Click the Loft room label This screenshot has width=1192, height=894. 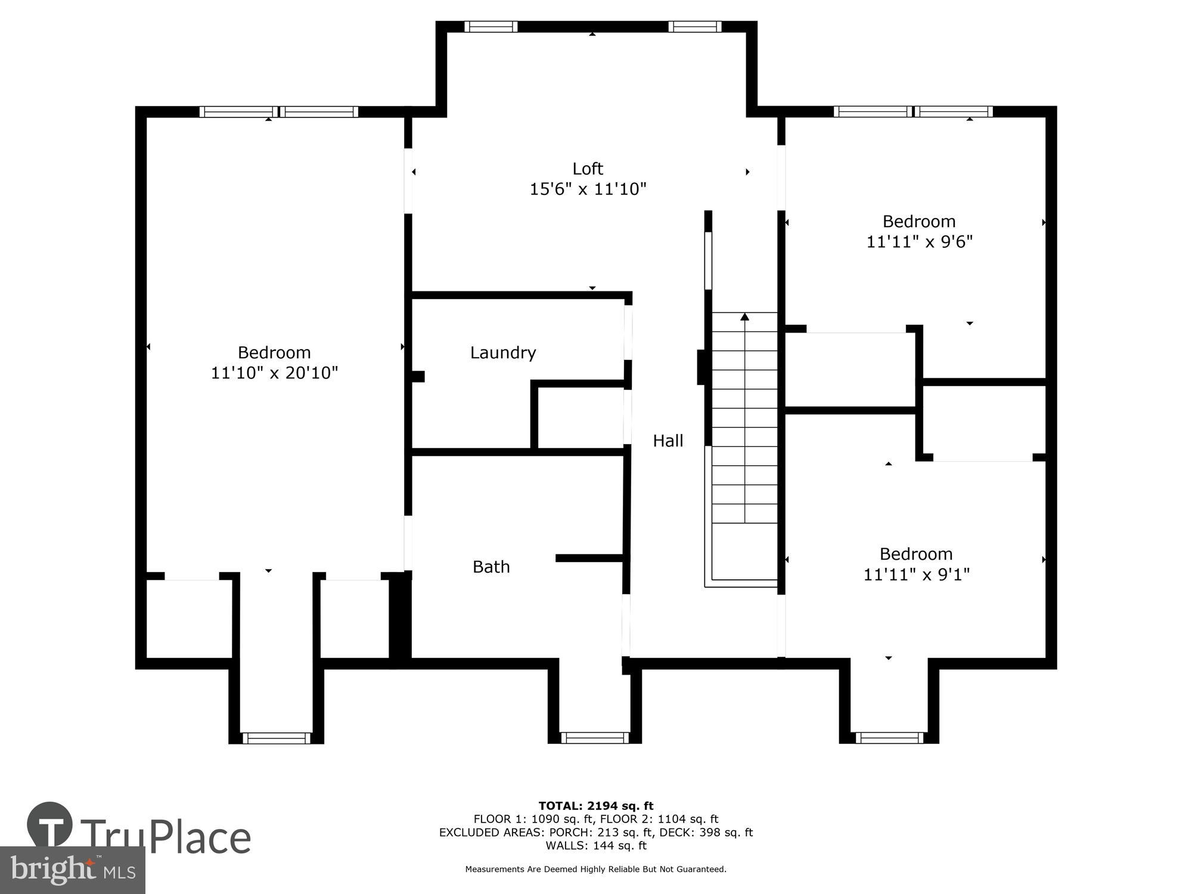pos(588,169)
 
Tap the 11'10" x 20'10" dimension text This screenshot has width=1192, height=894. pos(274,373)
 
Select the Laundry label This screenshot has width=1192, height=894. pos(503,353)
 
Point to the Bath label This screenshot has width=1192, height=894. pos(491,567)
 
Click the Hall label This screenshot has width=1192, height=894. pos(668,441)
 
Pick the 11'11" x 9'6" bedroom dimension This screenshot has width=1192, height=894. pos(919,242)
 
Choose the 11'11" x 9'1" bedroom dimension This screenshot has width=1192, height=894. pos(916,575)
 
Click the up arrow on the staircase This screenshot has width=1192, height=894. pos(744,317)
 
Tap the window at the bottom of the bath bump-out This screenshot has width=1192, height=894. pos(594,738)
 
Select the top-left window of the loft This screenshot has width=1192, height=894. pos(491,26)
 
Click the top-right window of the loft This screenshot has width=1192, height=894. pos(694,26)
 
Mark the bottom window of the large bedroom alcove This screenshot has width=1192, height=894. pos(276,738)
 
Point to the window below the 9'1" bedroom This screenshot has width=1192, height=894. pos(889,738)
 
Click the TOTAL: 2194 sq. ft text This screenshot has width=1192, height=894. pos(596,806)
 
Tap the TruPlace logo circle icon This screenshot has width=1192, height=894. pos(50,825)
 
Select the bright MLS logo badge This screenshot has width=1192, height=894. pos(72,870)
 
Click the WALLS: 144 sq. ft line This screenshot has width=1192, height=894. pos(596,845)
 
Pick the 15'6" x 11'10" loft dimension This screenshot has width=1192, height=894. pos(588,190)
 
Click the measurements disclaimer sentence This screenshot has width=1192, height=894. pos(596,870)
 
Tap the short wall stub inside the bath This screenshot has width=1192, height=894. pos(590,558)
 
